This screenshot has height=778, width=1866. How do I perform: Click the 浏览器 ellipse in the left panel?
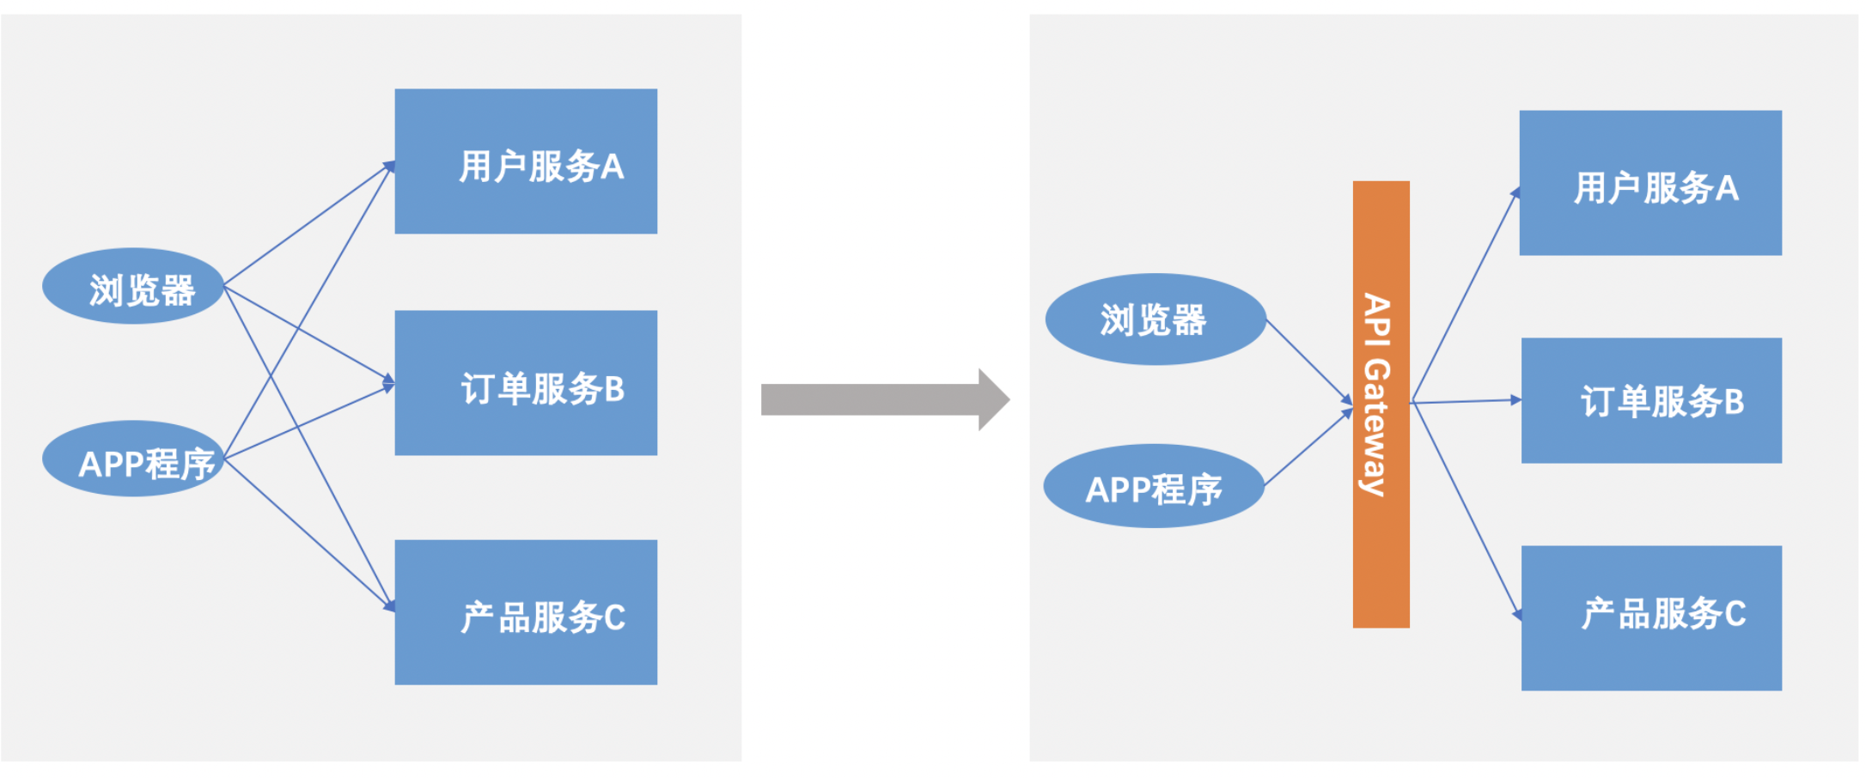pyautogui.click(x=133, y=286)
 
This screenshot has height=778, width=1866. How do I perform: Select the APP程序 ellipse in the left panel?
pyautogui.click(x=133, y=459)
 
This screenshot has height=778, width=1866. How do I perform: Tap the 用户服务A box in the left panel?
pyautogui.click(x=526, y=161)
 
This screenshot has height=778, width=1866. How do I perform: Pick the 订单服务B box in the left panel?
pyautogui.click(x=526, y=383)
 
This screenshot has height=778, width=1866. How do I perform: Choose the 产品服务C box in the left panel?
pyautogui.click(x=526, y=612)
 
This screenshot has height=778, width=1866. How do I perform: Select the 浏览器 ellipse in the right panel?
pyautogui.click(x=1156, y=319)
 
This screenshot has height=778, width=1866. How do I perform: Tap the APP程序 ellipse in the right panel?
pyautogui.click(x=1154, y=486)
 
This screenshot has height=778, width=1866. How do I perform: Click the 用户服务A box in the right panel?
pyautogui.click(x=1650, y=183)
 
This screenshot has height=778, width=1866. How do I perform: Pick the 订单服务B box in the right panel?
pyautogui.click(x=1651, y=401)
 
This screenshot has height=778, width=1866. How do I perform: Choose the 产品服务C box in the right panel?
pyautogui.click(x=1651, y=618)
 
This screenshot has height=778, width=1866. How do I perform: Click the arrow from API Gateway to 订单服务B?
pyautogui.click(x=1465, y=401)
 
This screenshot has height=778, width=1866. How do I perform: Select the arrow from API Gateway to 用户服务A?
pyautogui.click(x=1465, y=295)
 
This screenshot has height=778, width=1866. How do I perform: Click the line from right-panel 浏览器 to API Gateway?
pyautogui.click(x=1308, y=362)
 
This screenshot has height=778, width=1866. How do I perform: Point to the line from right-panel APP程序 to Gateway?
pyautogui.click(x=1308, y=448)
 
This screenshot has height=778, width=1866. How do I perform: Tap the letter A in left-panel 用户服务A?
pyautogui.click(x=612, y=167)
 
